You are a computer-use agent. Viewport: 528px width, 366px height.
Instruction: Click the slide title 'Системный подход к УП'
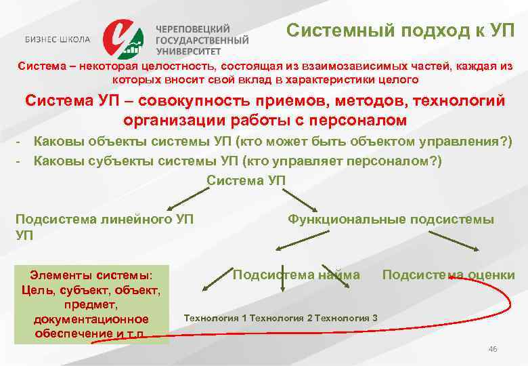[x=399, y=30]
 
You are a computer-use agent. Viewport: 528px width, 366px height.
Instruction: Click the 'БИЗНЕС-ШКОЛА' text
[x=58, y=39]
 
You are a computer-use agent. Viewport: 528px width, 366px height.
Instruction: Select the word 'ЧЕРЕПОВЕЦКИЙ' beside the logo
[x=193, y=29]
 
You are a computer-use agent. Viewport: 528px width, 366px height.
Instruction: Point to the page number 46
[x=492, y=348]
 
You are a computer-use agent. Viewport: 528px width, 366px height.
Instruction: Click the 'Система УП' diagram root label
[x=246, y=180]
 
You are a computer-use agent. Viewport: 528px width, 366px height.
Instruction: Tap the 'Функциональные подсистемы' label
[x=391, y=219]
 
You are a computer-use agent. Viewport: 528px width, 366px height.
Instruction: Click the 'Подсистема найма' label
[x=296, y=274]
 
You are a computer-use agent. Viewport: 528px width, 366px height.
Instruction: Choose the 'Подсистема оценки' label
[x=448, y=274]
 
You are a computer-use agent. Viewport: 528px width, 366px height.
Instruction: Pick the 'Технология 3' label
[x=347, y=318]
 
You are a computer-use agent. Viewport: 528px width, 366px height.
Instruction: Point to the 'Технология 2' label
[x=281, y=318]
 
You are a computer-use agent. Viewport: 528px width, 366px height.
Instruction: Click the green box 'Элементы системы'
[x=91, y=304]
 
